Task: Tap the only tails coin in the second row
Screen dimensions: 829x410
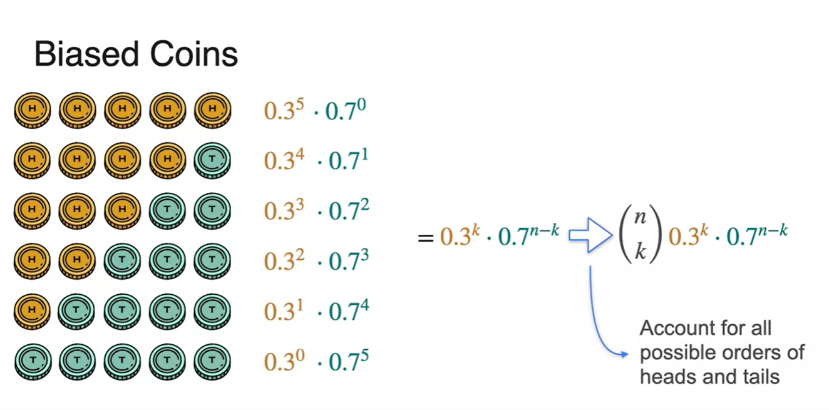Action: pyautogui.click(x=212, y=160)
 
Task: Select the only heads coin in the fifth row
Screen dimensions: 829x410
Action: pyautogui.click(x=32, y=309)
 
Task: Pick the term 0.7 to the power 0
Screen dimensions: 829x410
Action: pyautogui.click(x=348, y=110)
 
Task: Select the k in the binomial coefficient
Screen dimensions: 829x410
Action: pyautogui.click(x=640, y=251)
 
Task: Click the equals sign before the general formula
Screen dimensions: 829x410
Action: pyautogui.click(x=426, y=237)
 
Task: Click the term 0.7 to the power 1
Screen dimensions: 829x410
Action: pyautogui.click(x=348, y=160)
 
